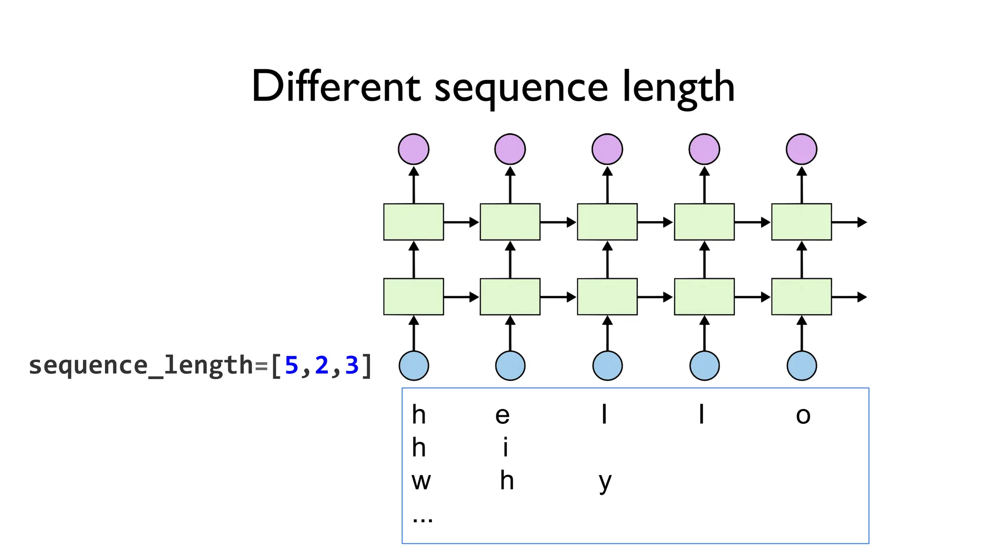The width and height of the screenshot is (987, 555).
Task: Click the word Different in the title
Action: [x=336, y=87]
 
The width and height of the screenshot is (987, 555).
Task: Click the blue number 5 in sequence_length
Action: [x=292, y=365]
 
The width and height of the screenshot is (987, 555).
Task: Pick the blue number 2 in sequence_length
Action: [x=321, y=365]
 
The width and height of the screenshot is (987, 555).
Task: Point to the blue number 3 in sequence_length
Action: [x=352, y=365]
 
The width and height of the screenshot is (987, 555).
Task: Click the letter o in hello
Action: [x=803, y=415]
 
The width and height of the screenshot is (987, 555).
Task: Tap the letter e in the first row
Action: [x=502, y=415]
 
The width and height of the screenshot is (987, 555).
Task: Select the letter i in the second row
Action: [x=505, y=448]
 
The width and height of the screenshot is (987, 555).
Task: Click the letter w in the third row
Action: [x=421, y=481]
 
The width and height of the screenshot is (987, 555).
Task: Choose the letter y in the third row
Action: [x=605, y=482]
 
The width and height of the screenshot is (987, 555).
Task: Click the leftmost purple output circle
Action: [x=413, y=149]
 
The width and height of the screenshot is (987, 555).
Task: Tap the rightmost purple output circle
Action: [x=801, y=149]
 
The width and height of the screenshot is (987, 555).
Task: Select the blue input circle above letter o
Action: [x=801, y=366]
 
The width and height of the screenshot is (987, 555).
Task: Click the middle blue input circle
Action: [x=607, y=366]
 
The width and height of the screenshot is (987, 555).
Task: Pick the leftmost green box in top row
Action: [x=413, y=222]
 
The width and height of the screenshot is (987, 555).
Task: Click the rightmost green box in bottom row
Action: [x=801, y=297]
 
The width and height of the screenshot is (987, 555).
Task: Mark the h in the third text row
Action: [x=507, y=481]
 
